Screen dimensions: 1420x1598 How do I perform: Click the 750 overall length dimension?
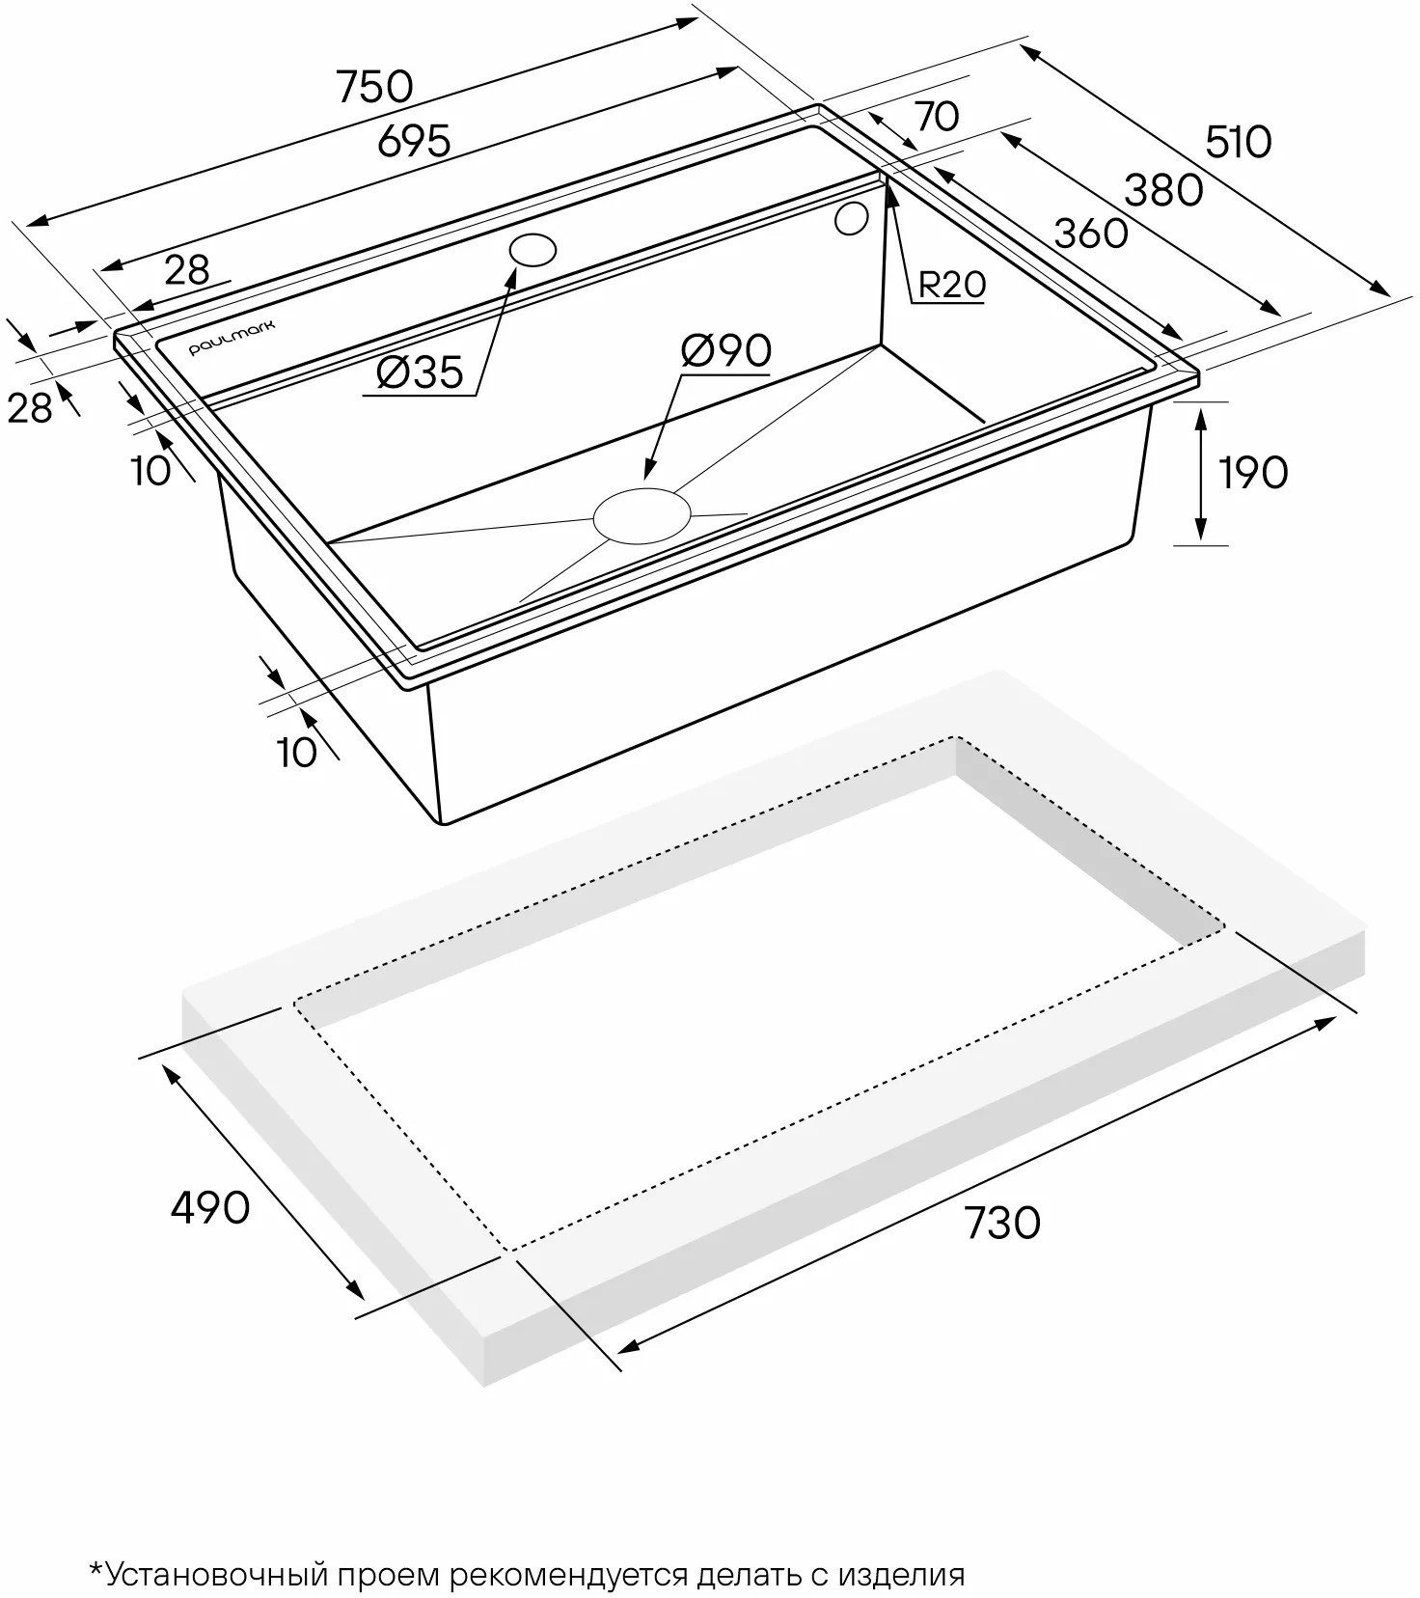(x=375, y=87)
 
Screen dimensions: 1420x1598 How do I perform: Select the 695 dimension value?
(x=414, y=142)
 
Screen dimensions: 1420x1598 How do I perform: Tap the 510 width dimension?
(x=1239, y=143)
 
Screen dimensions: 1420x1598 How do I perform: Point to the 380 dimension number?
(x=1164, y=191)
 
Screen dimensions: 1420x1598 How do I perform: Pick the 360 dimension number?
(x=1091, y=234)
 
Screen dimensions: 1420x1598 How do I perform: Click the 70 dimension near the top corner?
(x=937, y=116)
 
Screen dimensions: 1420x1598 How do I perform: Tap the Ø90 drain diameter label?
(x=725, y=350)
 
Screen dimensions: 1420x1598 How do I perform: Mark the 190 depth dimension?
(x=1253, y=473)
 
